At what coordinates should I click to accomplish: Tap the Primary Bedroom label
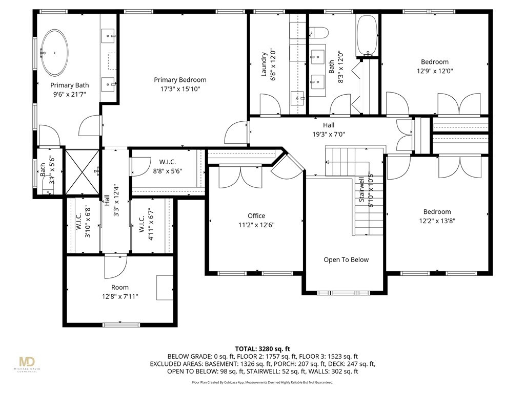click(x=180, y=80)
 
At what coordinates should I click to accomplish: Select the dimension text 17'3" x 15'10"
click(x=180, y=89)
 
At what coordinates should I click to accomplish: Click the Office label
click(x=256, y=216)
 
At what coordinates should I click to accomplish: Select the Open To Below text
click(x=346, y=259)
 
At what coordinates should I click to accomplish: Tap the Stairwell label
click(x=362, y=189)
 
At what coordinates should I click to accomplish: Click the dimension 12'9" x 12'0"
click(x=435, y=72)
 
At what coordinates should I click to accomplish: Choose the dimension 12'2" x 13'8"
click(x=437, y=221)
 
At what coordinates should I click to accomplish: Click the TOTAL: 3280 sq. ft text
click(x=262, y=348)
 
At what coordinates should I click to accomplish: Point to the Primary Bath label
click(x=69, y=85)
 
